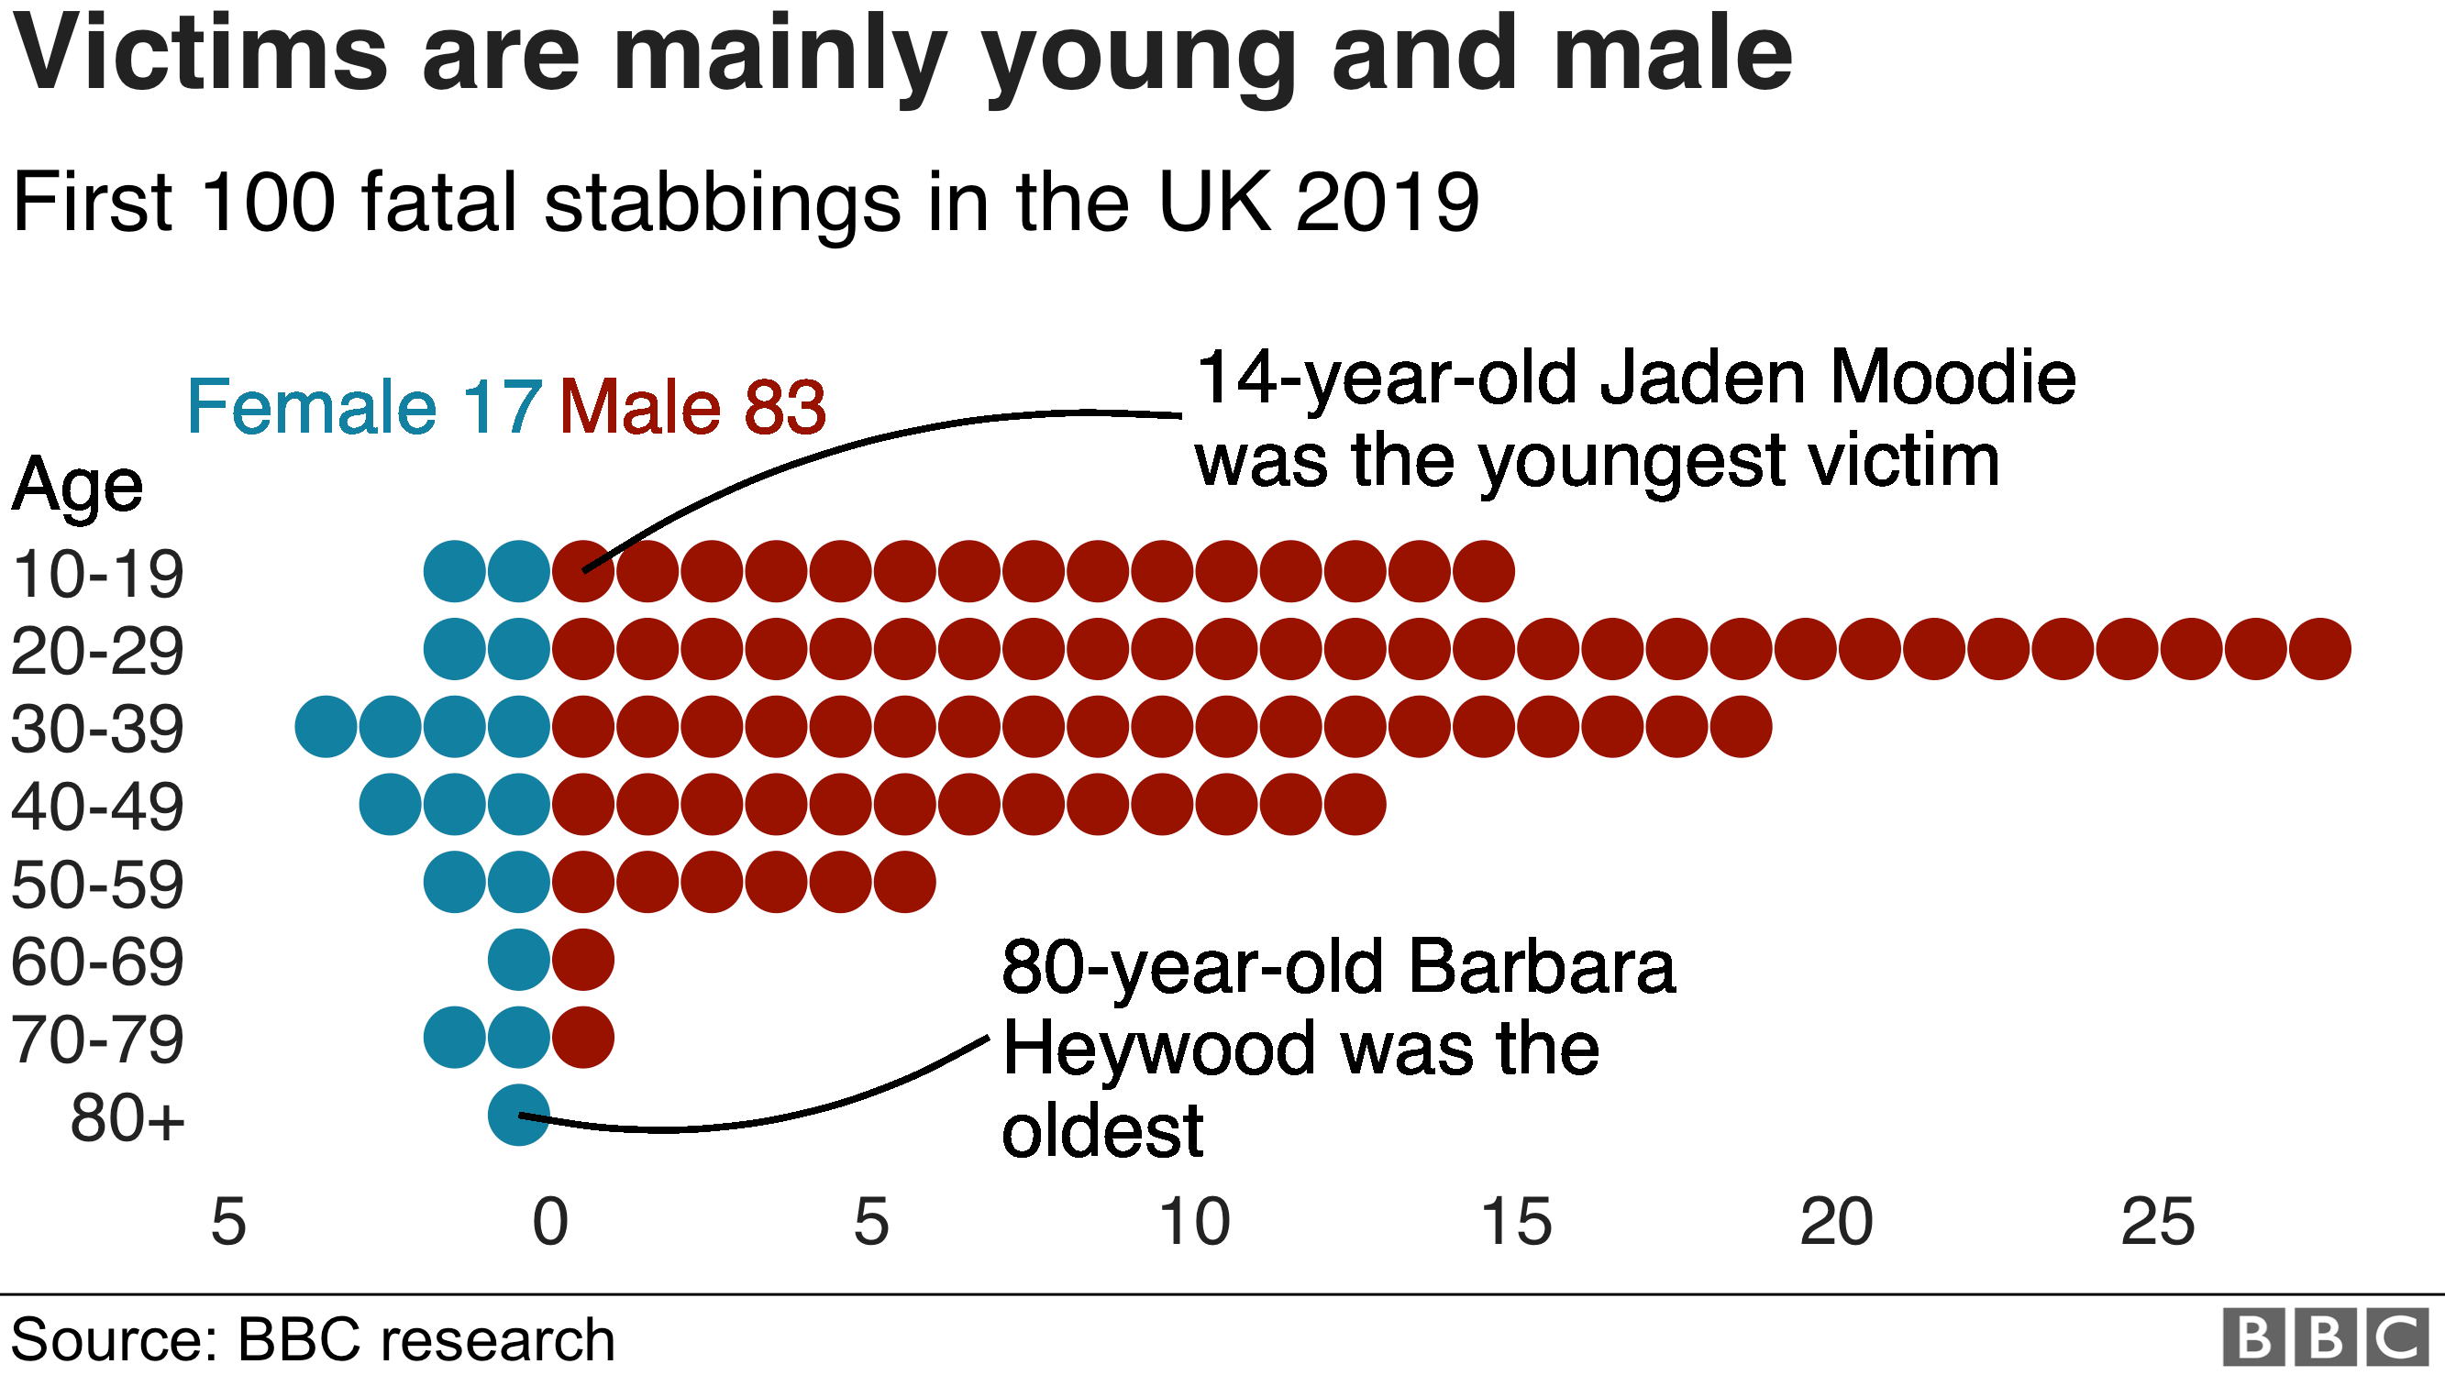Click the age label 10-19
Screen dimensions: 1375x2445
[97, 574]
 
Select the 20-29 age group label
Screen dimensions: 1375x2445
[97, 652]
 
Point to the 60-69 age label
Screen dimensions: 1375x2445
[97, 962]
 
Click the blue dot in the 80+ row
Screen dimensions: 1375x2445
[518, 1115]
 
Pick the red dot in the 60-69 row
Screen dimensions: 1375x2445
[582, 960]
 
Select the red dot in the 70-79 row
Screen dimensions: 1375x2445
[582, 1037]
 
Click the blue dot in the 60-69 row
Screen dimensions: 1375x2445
[518, 960]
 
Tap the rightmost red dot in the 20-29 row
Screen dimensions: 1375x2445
[2319, 649]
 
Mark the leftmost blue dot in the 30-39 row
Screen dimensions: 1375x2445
[326, 727]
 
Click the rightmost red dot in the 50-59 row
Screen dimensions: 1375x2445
[904, 882]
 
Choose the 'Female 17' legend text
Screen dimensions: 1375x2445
[364, 406]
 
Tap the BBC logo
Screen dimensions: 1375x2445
[2326, 1338]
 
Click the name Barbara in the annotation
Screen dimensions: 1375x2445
[1542, 967]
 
